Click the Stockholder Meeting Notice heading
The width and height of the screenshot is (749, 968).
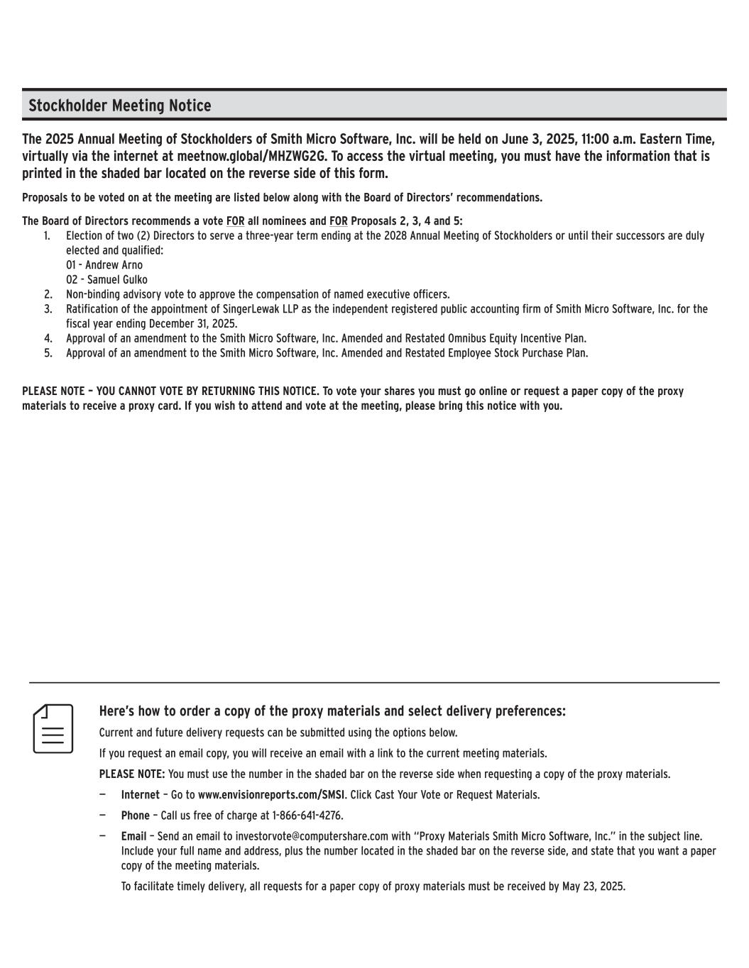119,106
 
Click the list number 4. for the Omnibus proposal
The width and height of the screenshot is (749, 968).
48,338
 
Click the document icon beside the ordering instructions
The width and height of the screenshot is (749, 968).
53,728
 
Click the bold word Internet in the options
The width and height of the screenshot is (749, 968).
140,795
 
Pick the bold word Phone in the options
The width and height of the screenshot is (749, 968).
135,816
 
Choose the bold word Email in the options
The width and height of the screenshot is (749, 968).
133,837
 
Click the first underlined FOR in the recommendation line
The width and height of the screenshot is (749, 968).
235,221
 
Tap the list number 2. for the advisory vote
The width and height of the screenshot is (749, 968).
48,294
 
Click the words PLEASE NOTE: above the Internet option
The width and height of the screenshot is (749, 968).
132,774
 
